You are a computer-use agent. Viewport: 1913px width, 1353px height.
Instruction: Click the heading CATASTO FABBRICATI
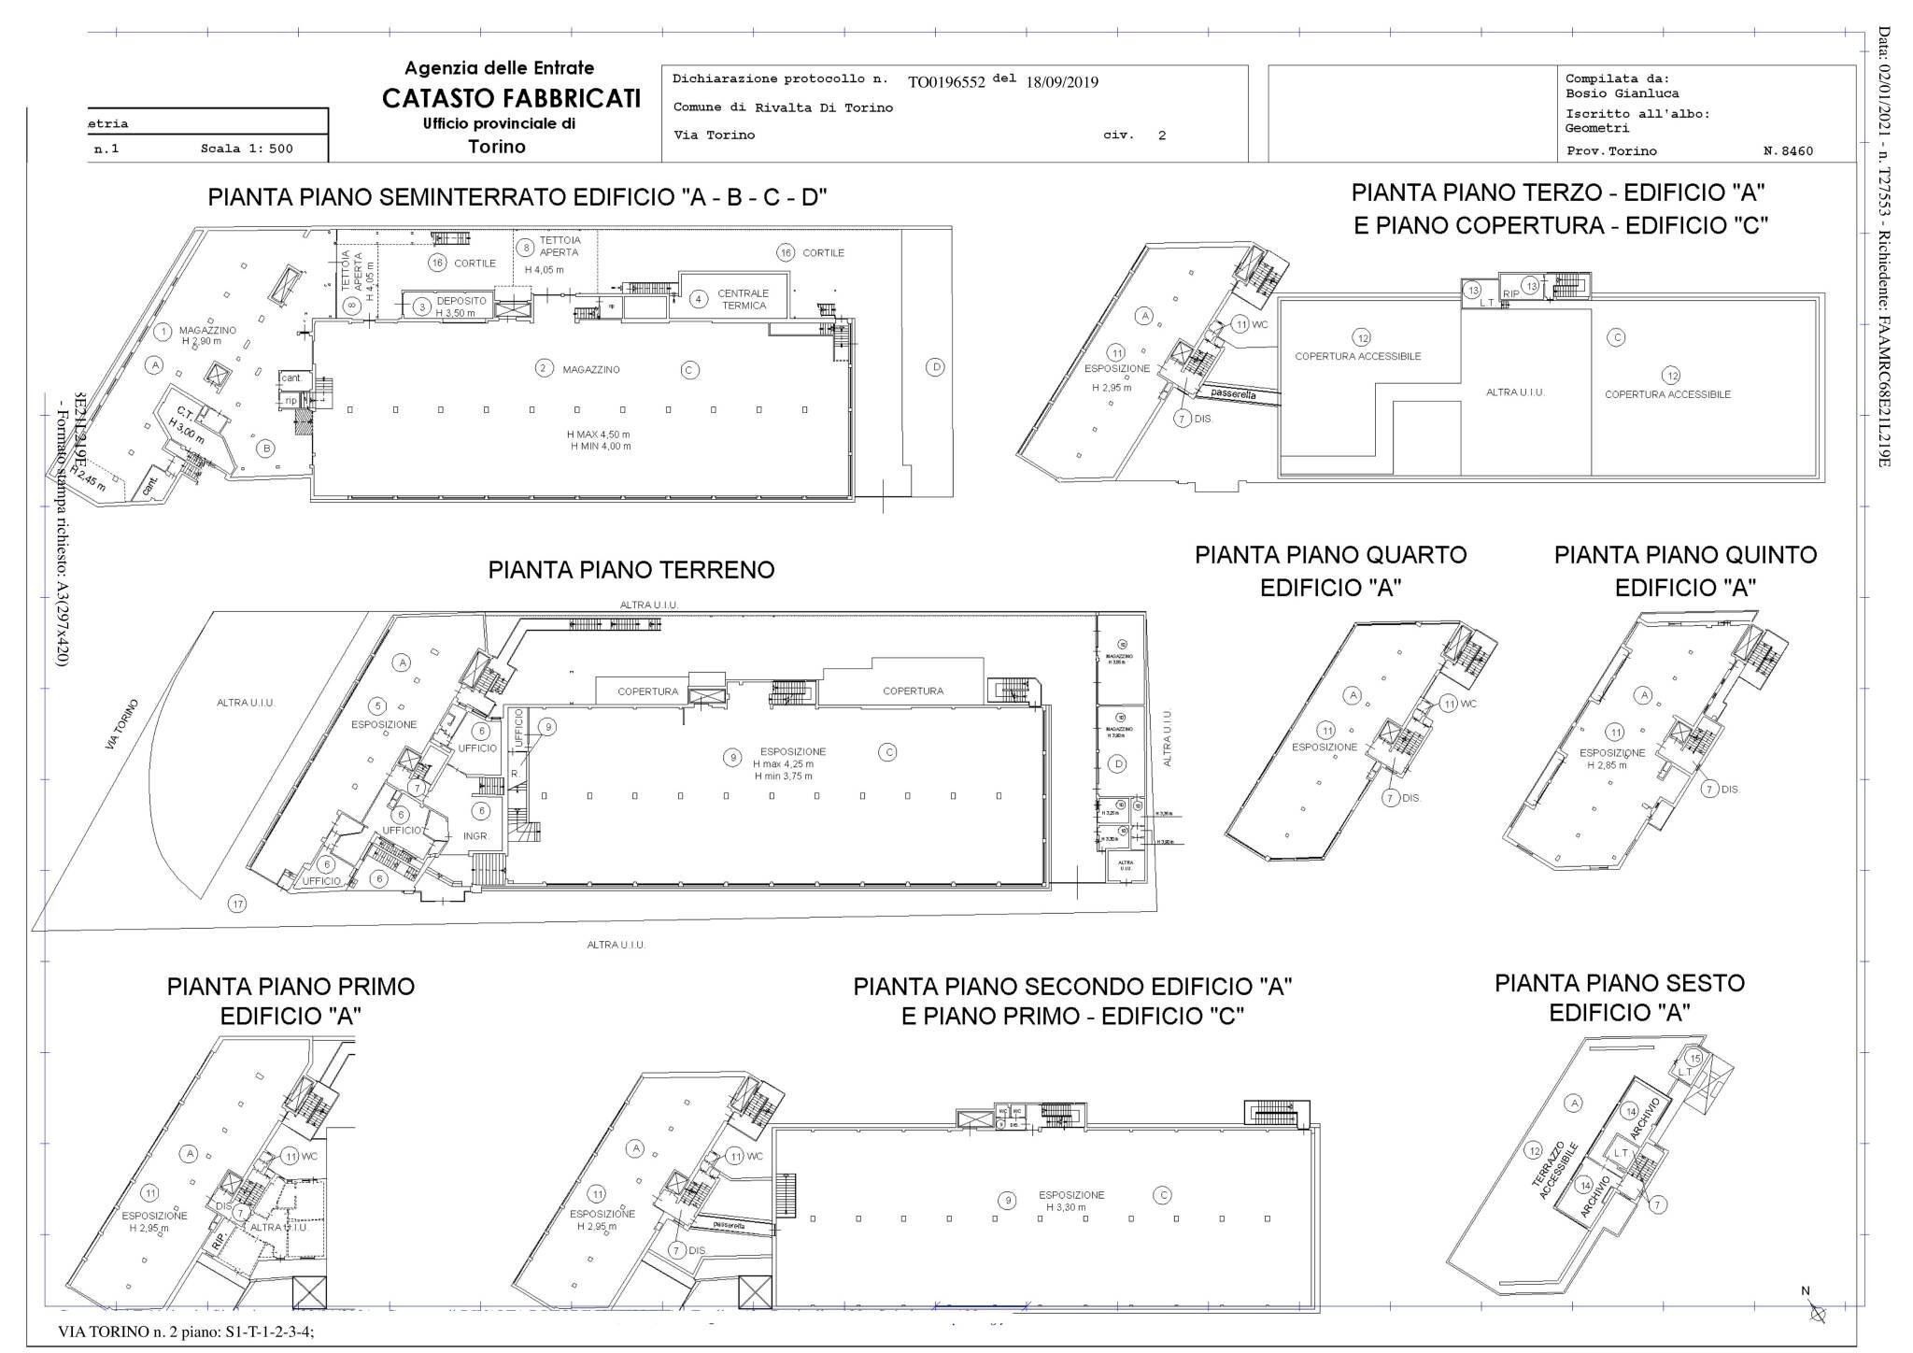pos(511,98)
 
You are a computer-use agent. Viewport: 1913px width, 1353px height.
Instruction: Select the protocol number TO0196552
pos(946,81)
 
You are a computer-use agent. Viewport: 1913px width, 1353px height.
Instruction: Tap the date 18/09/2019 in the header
pos(1062,81)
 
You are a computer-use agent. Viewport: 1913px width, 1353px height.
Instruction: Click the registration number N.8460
pos(1788,150)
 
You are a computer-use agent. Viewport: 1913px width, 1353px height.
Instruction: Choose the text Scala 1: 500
pos(247,149)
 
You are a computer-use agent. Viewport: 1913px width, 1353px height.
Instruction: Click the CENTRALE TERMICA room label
pos(744,300)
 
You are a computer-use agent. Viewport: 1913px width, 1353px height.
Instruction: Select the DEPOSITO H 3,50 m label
pos(461,306)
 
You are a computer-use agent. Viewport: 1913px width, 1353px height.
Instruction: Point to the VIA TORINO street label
pos(122,724)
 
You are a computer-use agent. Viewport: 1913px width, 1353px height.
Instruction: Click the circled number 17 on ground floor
pos(238,904)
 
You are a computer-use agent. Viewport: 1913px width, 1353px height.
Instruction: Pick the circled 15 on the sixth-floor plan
pos(1694,1058)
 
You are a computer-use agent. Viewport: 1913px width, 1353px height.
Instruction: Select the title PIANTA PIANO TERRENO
pos(631,570)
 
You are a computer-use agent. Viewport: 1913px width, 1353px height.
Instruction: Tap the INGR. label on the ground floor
pos(476,835)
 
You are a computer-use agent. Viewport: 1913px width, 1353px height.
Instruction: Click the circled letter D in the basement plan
pos(936,367)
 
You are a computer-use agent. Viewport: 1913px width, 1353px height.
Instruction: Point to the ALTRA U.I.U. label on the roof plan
pos(1515,392)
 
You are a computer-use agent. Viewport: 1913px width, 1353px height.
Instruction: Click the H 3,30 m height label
pos(1066,1206)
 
